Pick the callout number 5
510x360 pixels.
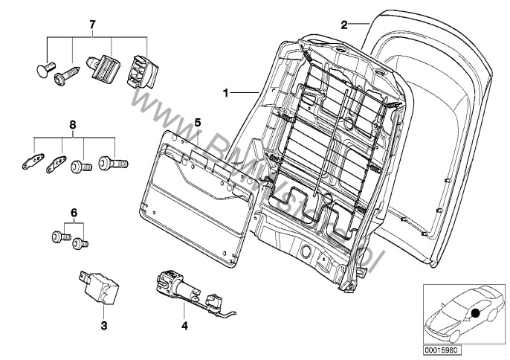198,121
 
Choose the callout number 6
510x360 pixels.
73,213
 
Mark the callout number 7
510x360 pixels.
93,26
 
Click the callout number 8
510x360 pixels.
73,126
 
